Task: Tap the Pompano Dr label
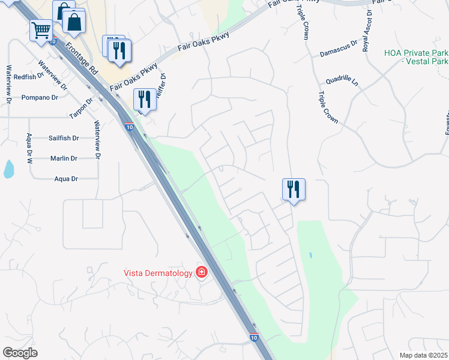(40, 97)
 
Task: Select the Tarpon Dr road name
(82, 106)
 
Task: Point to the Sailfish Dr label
(64, 138)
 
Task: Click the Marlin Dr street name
(64, 158)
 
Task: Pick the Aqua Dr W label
(28, 146)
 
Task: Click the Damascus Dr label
(338, 53)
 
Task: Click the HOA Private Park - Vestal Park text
(416, 57)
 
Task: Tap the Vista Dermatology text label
(158, 273)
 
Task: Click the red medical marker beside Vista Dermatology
(202, 273)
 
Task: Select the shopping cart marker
(41, 29)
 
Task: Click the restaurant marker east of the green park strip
(294, 189)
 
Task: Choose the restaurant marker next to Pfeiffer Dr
(145, 98)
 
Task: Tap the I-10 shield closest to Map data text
(254, 338)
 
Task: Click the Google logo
(20, 353)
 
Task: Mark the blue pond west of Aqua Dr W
(8, 169)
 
